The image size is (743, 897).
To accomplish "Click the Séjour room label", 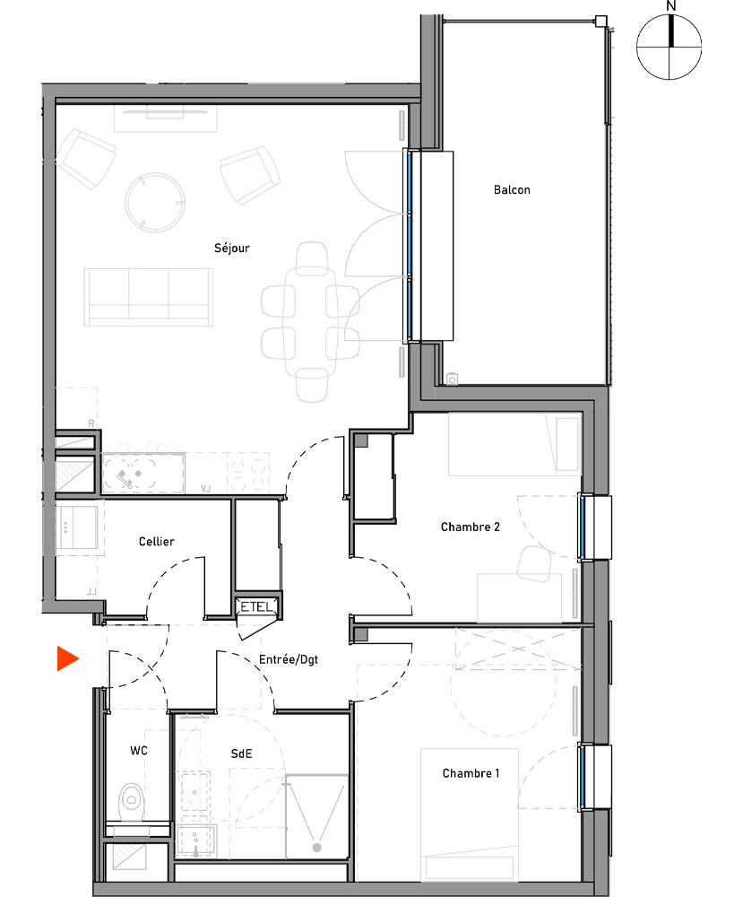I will (231, 248).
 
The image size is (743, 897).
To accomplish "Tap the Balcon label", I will (512, 190).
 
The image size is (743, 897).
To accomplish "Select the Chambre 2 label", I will (470, 527).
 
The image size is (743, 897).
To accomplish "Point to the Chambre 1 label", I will (471, 773).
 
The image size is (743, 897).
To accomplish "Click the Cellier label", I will (156, 542).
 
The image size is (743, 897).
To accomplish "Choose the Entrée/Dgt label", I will (289, 659).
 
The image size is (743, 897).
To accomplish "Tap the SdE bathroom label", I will (241, 754).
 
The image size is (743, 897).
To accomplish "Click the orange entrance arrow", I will (66, 658).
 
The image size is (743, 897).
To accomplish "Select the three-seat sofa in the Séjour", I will (149, 296).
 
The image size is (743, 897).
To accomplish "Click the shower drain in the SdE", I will (315, 847).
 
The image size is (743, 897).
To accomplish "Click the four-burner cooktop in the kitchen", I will (249, 473).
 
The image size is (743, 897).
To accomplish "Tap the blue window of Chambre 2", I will (583, 527).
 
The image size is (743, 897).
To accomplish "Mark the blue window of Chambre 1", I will (583, 775).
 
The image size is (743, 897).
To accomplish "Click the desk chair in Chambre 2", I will (535, 563).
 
